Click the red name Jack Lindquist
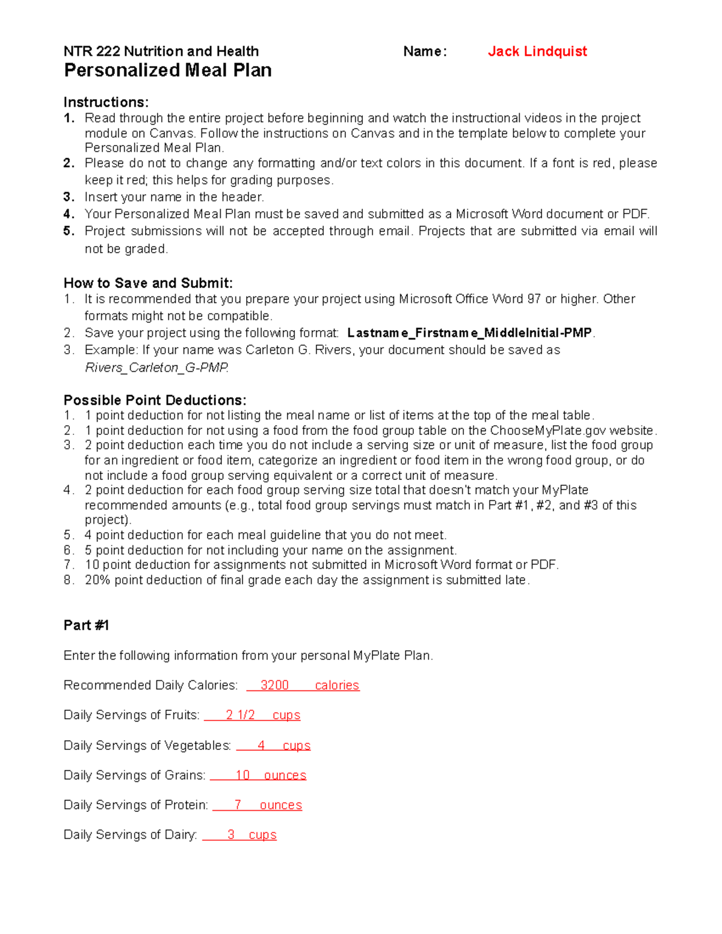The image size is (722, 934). (x=537, y=52)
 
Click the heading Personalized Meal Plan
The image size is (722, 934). (x=167, y=70)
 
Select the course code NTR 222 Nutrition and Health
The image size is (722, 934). (x=161, y=52)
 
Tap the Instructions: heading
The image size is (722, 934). (x=106, y=102)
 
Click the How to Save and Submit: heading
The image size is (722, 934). (x=148, y=283)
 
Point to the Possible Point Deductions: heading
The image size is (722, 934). (x=155, y=400)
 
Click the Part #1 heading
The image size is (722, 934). (x=86, y=625)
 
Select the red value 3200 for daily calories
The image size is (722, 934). (x=274, y=686)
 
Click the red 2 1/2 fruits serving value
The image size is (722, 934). (x=240, y=715)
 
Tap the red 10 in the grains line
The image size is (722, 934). (x=242, y=775)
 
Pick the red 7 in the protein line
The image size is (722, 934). (x=238, y=805)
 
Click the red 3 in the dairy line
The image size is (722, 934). (x=231, y=835)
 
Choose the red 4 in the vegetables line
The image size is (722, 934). (x=261, y=746)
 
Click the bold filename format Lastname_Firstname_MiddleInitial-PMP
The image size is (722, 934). (x=469, y=333)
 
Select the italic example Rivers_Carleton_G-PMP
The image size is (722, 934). (x=156, y=367)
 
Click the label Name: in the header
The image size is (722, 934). (x=425, y=52)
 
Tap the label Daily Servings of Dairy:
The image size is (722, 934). (x=130, y=835)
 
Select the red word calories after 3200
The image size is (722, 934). (x=337, y=686)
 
